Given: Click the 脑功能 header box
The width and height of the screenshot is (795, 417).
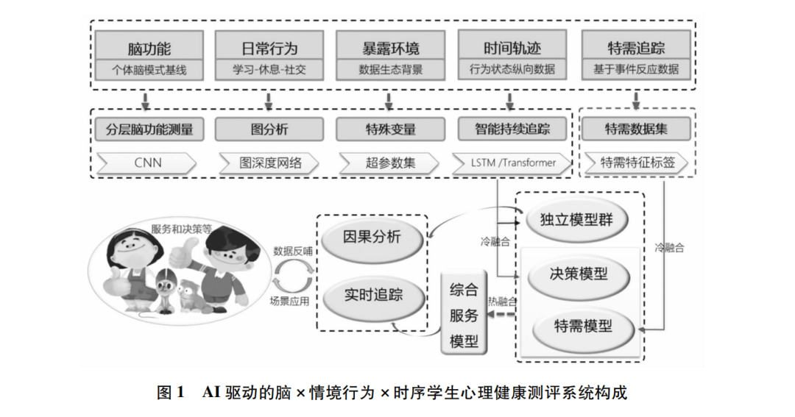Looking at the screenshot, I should click(x=149, y=49).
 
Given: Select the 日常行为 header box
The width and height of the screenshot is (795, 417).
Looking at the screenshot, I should click(x=269, y=49).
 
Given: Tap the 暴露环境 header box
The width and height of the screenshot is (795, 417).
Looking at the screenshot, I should click(x=391, y=49).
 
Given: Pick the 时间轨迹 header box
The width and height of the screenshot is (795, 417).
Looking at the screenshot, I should click(x=512, y=49).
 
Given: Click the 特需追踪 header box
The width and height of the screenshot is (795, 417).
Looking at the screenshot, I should click(x=636, y=49).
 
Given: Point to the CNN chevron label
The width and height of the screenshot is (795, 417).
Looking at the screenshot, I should click(x=147, y=162).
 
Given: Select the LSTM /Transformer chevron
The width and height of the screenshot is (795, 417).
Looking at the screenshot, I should click(x=513, y=162).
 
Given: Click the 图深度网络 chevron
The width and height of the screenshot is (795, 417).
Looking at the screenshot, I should click(x=269, y=162).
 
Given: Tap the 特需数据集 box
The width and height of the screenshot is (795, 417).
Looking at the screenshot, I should click(x=636, y=129).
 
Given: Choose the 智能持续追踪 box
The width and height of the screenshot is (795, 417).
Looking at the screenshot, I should click(x=513, y=129).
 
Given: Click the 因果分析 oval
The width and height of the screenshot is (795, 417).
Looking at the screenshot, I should click(x=372, y=238).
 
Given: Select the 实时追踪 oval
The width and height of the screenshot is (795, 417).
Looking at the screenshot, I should click(x=373, y=296).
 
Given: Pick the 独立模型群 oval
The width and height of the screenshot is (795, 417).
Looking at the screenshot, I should click(x=579, y=219).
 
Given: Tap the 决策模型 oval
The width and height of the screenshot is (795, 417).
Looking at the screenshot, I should click(x=579, y=274).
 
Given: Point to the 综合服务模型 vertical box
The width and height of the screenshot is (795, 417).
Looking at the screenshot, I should click(x=464, y=315).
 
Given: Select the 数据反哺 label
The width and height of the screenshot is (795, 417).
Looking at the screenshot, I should click(x=292, y=250).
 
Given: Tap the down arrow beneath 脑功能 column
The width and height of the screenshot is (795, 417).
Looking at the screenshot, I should click(x=147, y=99).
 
